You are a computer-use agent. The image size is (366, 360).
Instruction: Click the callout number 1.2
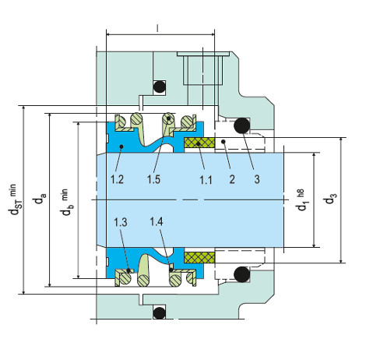(117, 179)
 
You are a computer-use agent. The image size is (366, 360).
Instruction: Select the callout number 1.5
(153, 179)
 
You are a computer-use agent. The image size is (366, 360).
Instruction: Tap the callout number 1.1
(206, 180)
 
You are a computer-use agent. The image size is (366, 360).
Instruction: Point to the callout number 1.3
(121, 222)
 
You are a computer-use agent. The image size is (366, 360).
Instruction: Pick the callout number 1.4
(157, 221)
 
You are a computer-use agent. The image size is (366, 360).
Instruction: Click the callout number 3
(257, 179)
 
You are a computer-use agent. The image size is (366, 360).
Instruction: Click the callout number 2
(232, 179)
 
